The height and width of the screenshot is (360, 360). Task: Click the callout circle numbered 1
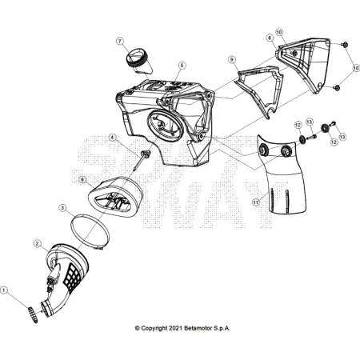click(x=4, y=290)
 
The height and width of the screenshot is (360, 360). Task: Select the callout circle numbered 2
click(x=37, y=243)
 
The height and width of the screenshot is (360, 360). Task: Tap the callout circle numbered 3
click(x=62, y=208)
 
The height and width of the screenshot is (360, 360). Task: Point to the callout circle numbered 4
click(x=113, y=138)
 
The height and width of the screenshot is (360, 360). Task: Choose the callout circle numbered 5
click(x=182, y=66)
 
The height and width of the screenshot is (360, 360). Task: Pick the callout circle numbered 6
click(x=82, y=180)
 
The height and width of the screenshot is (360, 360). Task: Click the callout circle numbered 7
click(x=120, y=41)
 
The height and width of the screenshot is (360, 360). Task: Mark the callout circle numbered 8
click(x=270, y=38)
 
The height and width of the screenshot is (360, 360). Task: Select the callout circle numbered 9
click(x=232, y=60)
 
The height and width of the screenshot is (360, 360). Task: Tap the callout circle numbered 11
click(x=256, y=202)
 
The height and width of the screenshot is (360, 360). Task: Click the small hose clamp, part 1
click(x=33, y=314)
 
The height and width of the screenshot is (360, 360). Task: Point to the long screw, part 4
click(x=142, y=160)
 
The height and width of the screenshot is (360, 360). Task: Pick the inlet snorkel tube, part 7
click(x=139, y=62)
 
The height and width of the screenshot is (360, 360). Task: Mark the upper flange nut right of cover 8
click(x=344, y=45)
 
